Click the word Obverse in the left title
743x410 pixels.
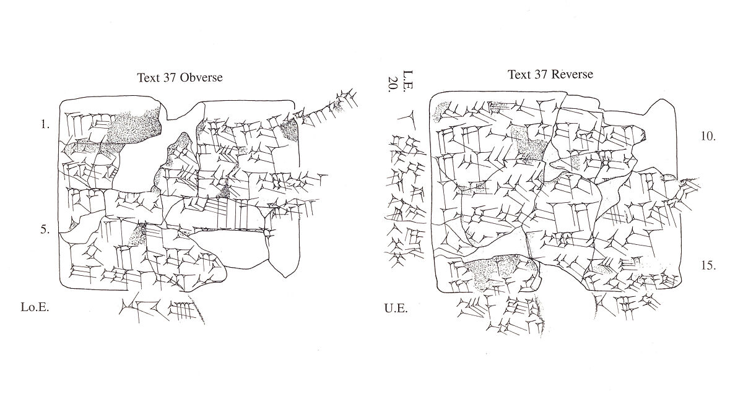(x=201, y=78)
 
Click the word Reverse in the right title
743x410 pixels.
(x=571, y=75)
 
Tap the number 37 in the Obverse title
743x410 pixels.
(x=169, y=78)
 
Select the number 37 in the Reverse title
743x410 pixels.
(x=540, y=75)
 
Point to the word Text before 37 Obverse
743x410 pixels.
(x=149, y=78)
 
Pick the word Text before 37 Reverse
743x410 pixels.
(x=519, y=75)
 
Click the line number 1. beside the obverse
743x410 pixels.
(x=45, y=124)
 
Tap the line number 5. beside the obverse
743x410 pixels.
(x=45, y=229)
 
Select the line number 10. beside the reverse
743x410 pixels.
(x=708, y=137)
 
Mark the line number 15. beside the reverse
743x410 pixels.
(x=708, y=265)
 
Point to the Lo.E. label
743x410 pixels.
(x=35, y=307)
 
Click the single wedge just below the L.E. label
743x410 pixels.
(x=409, y=117)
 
